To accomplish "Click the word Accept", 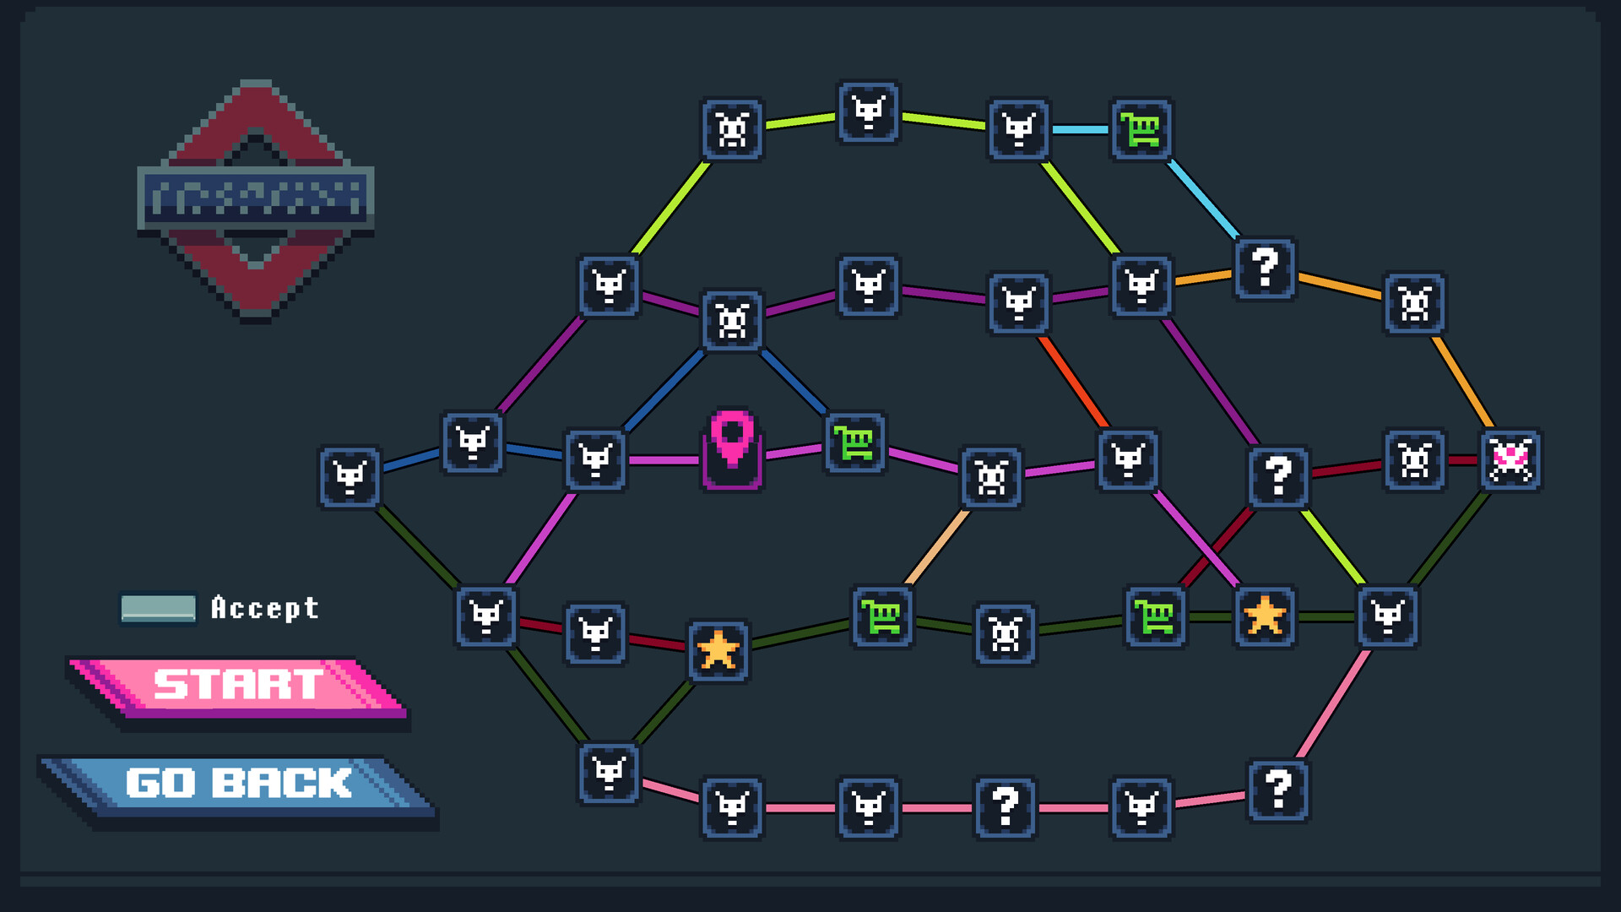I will pos(264,608).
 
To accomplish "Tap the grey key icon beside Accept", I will pos(158,608).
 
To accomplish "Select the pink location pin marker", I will pos(732,448).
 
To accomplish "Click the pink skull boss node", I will pos(1510,460).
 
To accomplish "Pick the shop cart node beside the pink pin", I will pos(855,442).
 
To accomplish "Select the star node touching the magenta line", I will pos(1264,616).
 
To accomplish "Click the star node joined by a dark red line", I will pos(718,650).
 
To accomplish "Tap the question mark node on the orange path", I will pos(1264,269).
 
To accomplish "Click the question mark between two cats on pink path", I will pos(1005,807).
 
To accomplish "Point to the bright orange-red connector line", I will pos(1073,381).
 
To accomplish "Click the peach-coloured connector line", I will pos(937,546).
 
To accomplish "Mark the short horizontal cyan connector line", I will pos(1080,130).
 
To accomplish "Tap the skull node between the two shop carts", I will pos(1005,633).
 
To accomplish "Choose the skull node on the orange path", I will pos(1414,303).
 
